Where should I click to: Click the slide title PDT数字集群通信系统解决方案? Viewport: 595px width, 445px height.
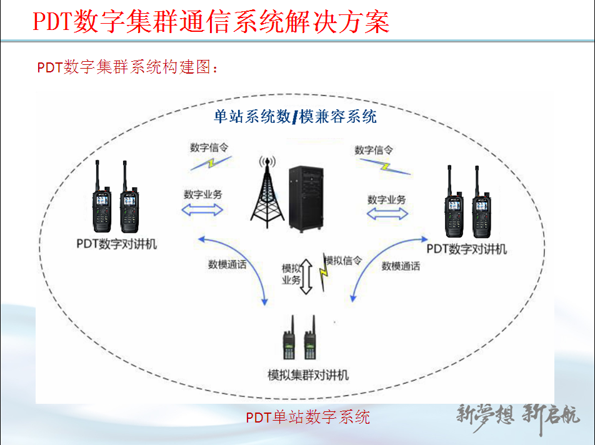point(211,21)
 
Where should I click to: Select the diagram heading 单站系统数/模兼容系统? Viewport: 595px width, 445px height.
point(295,117)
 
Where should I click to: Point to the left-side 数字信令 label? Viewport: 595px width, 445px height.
point(209,148)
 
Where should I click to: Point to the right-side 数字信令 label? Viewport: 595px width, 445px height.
point(373,150)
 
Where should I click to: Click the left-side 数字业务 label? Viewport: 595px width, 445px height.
point(202,194)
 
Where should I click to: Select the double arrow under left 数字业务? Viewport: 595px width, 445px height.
point(202,210)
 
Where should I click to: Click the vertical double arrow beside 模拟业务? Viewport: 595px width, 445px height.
point(306,276)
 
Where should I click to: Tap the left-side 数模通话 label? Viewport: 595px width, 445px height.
point(227,265)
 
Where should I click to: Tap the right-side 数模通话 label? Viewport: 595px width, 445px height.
point(401,267)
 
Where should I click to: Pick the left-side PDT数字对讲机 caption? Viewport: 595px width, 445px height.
point(117,244)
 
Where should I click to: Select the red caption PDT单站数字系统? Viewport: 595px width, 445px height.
point(307,417)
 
